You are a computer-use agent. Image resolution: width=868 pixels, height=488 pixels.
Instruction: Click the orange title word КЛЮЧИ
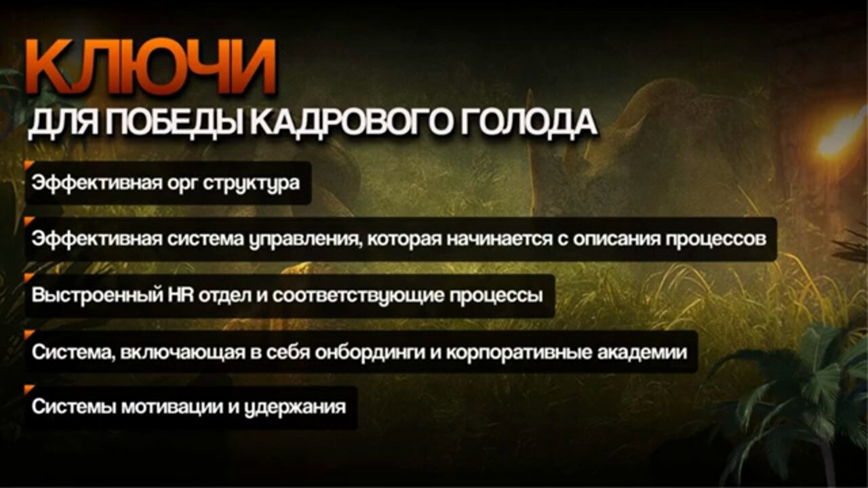(x=151, y=67)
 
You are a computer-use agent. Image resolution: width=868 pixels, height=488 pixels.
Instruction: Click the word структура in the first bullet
(x=252, y=183)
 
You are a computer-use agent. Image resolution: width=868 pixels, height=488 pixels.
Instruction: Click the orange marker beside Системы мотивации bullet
(x=29, y=389)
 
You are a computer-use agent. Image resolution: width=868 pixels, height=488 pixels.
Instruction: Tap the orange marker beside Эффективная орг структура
(x=29, y=165)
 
